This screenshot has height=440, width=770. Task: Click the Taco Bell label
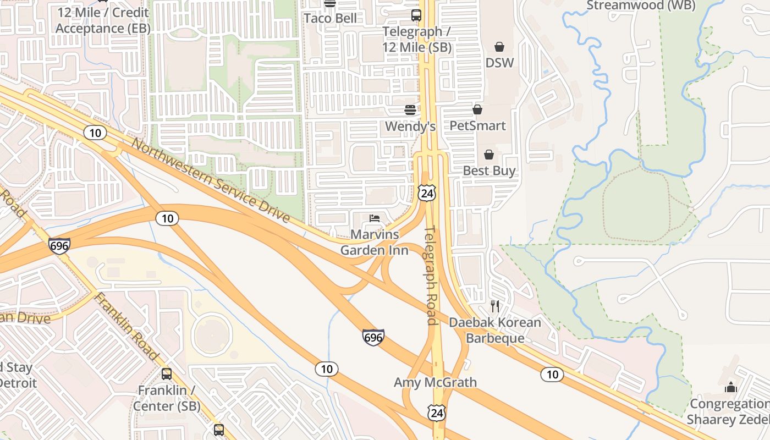330,18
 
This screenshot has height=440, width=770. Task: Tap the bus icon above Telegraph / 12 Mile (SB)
416,15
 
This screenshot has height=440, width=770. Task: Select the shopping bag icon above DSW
499,47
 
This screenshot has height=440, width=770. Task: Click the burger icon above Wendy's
410,110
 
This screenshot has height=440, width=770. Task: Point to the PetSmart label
477,126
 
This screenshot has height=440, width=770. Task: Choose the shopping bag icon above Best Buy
488,155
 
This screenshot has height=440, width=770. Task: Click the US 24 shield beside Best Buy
427,193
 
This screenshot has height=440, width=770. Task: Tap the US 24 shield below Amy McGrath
437,413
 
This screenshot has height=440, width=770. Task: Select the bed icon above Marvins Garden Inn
375,218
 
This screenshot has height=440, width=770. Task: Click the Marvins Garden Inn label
374,243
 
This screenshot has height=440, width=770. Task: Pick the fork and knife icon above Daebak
495,306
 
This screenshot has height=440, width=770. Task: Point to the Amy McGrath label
435,382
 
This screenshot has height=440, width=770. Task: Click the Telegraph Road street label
431,275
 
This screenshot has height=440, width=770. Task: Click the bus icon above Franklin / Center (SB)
167,374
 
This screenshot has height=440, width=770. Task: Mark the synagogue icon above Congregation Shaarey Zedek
730,387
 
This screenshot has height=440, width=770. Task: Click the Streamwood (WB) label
641,5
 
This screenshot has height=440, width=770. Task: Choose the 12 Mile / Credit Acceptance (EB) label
103,20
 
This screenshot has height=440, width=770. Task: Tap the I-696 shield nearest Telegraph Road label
373,337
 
